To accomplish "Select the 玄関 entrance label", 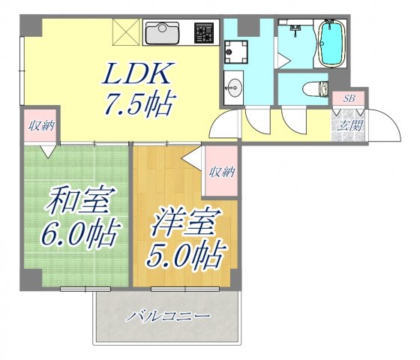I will [349, 125].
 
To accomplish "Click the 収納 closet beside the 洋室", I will [223, 172].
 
